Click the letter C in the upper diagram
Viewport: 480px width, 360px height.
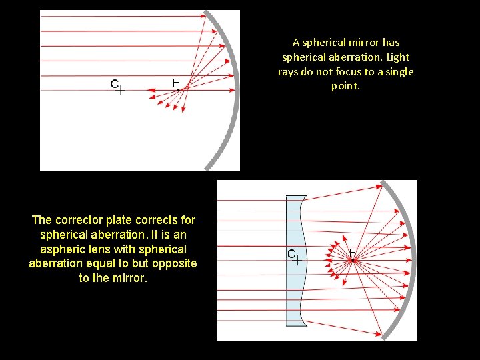click(x=115, y=84)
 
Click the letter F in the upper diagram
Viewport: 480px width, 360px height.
click(x=176, y=82)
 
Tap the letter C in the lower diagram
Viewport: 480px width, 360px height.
click(x=291, y=253)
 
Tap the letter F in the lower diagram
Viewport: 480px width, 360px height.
click(x=353, y=253)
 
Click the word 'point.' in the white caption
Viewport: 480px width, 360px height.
click(x=345, y=87)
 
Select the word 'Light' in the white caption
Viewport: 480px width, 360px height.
click(x=397, y=57)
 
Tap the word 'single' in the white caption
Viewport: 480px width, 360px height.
click(x=399, y=72)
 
